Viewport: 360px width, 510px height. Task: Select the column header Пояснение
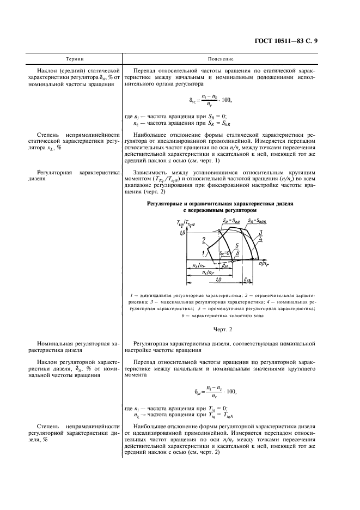[x=221, y=58]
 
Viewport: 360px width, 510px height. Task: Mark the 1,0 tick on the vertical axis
[x=182, y=232]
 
